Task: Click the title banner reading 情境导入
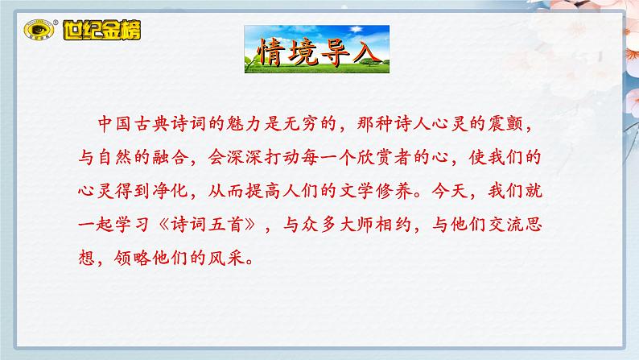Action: tap(315, 51)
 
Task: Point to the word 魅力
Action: tap(265, 126)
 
